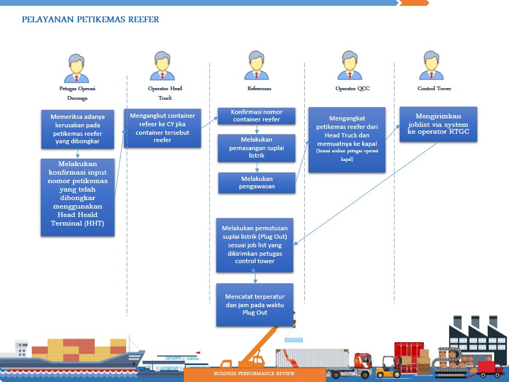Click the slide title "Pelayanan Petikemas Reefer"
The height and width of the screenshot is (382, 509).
click(x=90, y=20)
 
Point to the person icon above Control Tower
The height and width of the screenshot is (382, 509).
click(x=431, y=65)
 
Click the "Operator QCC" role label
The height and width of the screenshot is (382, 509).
click(x=352, y=89)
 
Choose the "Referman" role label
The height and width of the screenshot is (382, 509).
click(x=259, y=89)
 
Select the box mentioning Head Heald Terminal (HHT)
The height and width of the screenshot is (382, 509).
click(x=77, y=197)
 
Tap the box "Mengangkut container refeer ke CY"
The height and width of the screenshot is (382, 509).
click(x=162, y=128)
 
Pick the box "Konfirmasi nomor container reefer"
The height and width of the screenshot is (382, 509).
click(x=257, y=116)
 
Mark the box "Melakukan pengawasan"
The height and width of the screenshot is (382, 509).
click(x=257, y=183)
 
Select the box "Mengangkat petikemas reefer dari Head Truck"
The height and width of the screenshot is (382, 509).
click(x=347, y=140)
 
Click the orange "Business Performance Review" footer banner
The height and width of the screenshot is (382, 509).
click(x=254, y=374)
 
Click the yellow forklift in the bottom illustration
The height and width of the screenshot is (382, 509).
click(x=388, y=366)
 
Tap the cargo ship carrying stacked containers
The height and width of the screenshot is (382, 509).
click(x=74, y=355)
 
